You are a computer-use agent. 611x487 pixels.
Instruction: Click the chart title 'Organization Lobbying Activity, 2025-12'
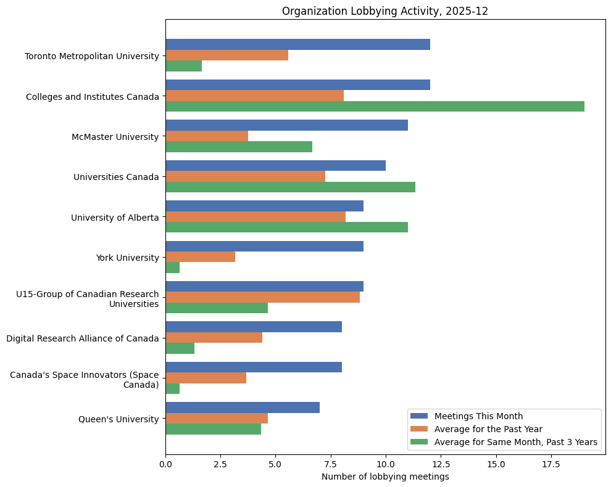(385, 11)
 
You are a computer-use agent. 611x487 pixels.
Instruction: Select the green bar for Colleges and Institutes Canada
(375, 107)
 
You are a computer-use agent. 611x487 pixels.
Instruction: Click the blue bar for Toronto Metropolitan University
(297, 44)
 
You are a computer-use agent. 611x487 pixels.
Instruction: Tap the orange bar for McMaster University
(207, 136)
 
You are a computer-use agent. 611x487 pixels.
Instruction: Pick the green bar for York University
(173, 268)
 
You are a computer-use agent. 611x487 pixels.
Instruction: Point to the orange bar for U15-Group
(262, 297)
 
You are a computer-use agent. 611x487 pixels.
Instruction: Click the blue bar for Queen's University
(243, 407)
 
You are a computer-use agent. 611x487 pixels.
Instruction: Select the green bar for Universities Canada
(290, 187)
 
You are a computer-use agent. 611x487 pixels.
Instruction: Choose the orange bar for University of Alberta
(256, 217)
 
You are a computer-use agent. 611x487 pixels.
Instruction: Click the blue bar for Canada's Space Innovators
(254, 367)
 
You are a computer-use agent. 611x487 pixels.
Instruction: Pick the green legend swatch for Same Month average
(418, 442)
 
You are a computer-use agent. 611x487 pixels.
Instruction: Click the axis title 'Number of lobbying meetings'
(385, 477)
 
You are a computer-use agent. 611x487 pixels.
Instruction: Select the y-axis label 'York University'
(127, 258)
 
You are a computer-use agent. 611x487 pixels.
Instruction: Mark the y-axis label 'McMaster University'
(115, 137)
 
